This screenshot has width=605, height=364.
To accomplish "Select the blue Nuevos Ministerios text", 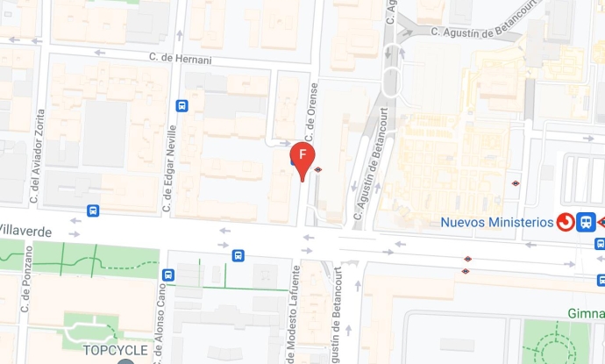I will tap(497, 222).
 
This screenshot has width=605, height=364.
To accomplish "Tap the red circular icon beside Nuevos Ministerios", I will tap(566, 222).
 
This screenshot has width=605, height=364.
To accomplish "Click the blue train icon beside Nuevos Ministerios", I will tap(587, 222).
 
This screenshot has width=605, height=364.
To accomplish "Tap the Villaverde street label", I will tap(25, 231).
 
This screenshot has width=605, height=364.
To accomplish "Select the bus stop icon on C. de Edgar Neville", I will tap(181, 106).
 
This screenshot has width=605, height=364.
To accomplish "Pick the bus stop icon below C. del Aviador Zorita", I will tap(93, 211).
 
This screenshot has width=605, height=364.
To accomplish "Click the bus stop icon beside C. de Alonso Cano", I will tap(169, 275).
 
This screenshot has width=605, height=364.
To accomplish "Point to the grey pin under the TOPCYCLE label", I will tap(126, 361).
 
